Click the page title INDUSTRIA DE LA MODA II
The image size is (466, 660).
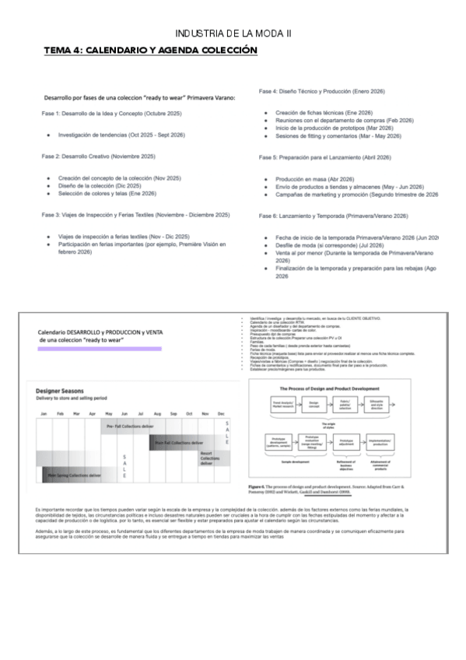coord(233,33)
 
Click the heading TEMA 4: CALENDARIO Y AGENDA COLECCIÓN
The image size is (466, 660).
coord(150,50)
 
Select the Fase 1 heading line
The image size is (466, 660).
coord(111,114)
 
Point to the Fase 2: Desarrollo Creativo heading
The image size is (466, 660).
coord(98,156)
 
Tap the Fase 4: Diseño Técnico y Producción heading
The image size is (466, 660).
coord(321,92)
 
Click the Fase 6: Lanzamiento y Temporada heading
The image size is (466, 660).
coord(333,216)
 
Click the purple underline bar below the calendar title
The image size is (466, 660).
coord(100,349)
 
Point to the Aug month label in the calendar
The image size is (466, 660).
coord(157,412)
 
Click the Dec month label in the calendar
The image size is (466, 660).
coord(222,412)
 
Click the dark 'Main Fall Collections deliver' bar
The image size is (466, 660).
coord(182,442)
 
